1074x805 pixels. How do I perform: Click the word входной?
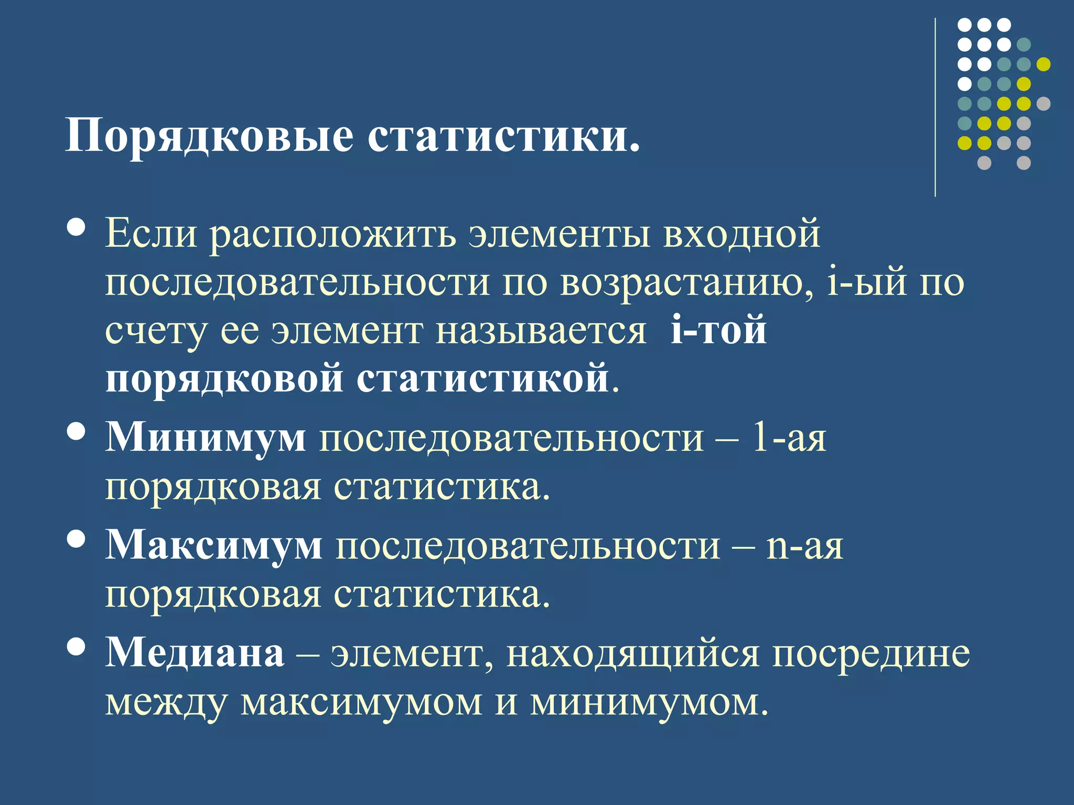[x=742, y=234]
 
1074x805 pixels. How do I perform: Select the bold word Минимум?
[x=206, y=437]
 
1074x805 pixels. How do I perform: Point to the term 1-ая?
[x=789, y=437]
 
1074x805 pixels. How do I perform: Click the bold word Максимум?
[x=214, y=545]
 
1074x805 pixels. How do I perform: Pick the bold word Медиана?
[x=195, y=653]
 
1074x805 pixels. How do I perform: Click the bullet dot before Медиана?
[x=77, y=647]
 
